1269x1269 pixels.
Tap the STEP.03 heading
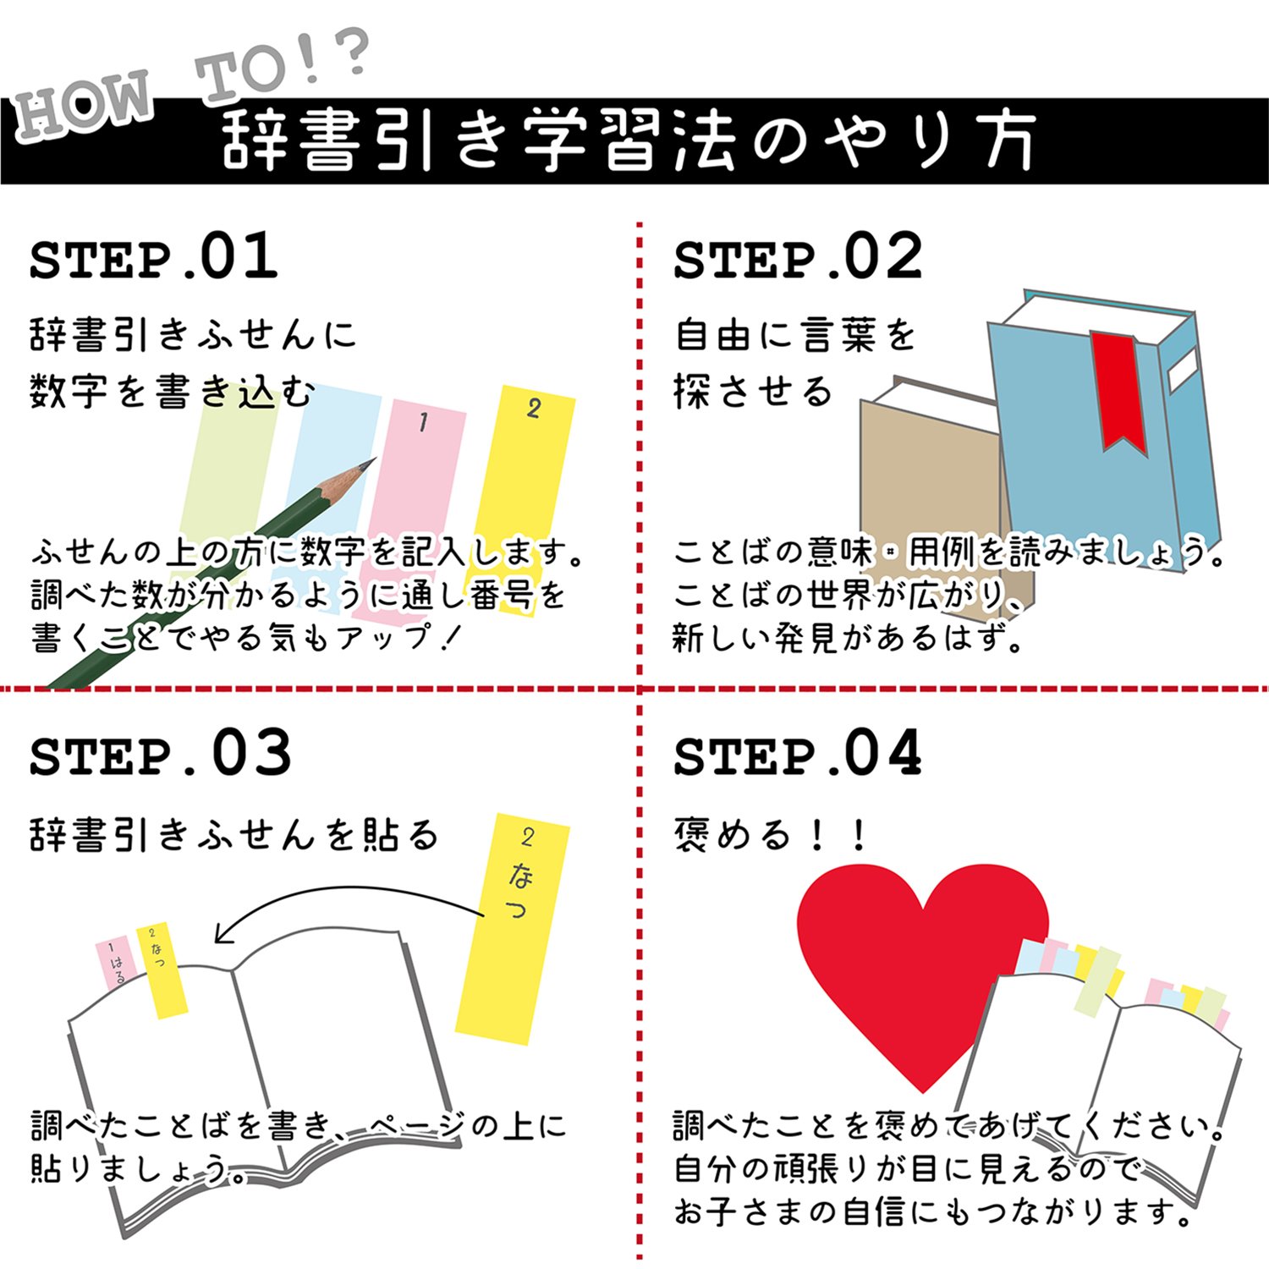point(160,754)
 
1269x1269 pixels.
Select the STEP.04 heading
point(797,754)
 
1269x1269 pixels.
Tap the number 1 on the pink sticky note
point(424,421)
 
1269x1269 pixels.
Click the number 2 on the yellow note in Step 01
point(533,409)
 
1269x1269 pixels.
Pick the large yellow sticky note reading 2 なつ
point(512,931)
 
